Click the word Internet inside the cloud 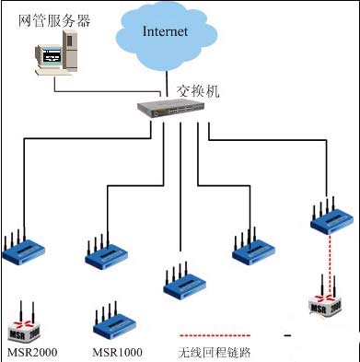(x=166, y=31)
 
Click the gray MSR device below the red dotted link (x=328, y=308)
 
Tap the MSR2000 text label (x=32, y=352)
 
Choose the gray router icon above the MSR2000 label (x=29, y=323)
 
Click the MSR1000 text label (x=117, y=352)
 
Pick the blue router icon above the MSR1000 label (x=113, y=322)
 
